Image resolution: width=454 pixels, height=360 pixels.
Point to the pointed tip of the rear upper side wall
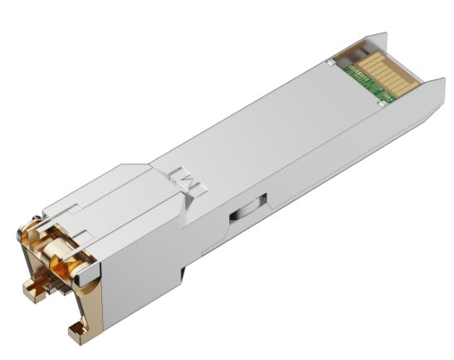(x=383, y=35)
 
